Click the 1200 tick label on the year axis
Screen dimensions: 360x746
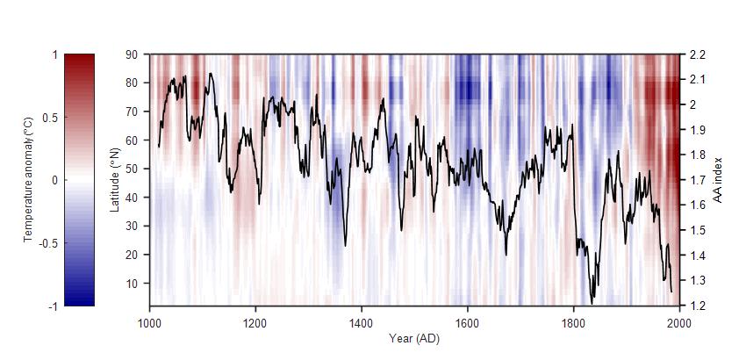pyautogui.click(x=255, y=322)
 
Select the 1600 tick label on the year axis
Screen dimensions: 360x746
pyautogui.click(x=468, y=322)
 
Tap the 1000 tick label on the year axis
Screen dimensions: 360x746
pyautogui.click(x=149, y=322)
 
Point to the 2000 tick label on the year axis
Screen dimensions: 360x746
pyautogui.click(x=679, y=322)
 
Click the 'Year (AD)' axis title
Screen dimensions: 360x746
pyautogui.click(x=414, y=338)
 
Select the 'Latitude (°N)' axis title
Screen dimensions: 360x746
pyautogui.click(x=114, y=179)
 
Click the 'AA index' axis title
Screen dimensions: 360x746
pyautogui.click(x=717, y=180)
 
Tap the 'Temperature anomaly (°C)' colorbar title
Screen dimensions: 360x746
pyautogui.click(x=28, y=180)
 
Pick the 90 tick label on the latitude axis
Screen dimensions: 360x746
pyautogui.click(x=132, y=54)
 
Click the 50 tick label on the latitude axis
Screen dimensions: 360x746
pyautogui.click(x=132, y=169)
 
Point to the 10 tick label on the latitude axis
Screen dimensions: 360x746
pyautogui.click(x=132, y=283)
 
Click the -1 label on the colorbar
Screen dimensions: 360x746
pyautogui.click(x=53, y=306)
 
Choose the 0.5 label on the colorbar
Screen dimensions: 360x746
pyautogui.click(x=51, y=118)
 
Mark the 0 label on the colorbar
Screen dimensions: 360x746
pyautogui.click(x=55, y=180)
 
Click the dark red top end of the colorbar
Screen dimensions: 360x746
pyautogui.click(x=79, y=58)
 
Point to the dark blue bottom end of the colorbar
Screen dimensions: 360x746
pyautogui.click(x=79, y=302)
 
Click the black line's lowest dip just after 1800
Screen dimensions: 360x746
pyautogui.click(x=592, y=301)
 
